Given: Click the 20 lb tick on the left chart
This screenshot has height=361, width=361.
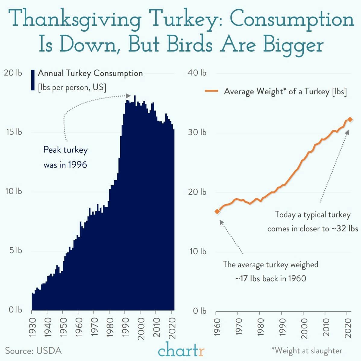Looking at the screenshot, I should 13,73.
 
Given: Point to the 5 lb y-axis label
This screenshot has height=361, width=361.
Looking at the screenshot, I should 15,251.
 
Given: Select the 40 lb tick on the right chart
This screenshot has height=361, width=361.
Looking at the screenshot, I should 197,73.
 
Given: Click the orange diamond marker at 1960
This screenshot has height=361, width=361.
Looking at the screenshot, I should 217,212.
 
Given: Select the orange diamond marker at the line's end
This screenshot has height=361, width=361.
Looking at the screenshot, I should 350,120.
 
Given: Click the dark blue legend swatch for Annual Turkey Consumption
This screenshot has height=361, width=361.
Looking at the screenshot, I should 33,80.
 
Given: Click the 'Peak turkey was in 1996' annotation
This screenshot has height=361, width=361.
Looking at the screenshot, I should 65,157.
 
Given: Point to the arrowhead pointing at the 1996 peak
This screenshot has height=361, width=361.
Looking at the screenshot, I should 128,96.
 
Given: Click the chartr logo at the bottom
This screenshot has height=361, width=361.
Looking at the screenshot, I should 181,350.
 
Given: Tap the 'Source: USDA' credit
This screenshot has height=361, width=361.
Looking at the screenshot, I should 33,351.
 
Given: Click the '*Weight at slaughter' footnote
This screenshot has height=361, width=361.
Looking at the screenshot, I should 307,351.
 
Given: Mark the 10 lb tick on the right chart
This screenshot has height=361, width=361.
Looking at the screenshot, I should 198,251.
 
